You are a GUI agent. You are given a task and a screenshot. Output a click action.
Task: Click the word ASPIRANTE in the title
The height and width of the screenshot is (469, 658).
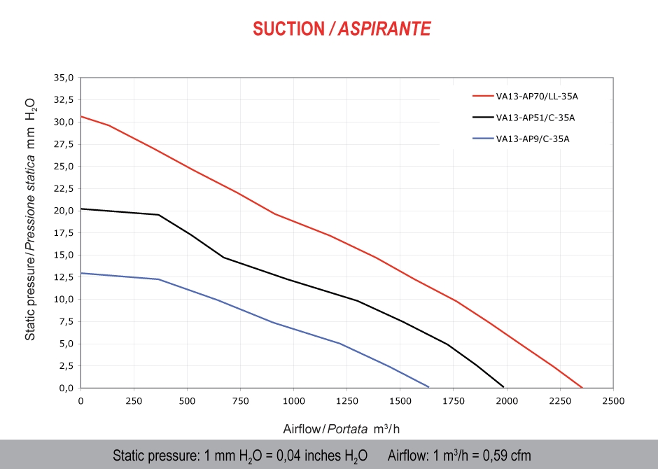tap(384, 29)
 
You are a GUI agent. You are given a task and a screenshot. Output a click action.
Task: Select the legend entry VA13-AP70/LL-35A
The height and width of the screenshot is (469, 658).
tap(532, 97)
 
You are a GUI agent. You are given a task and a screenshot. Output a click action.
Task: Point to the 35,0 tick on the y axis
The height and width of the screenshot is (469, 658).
tap(63, 78)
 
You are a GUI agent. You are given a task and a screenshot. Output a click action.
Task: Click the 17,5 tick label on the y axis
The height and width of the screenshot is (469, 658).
tap(63, 232)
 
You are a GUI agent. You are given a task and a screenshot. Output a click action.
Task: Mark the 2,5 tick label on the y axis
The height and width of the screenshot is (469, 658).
tap(65, 365)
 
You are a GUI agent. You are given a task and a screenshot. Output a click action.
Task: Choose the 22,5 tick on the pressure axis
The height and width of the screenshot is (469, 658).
tap(63, 188)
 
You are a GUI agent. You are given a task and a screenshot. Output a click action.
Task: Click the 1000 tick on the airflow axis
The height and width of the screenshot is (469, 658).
tap(293, 401)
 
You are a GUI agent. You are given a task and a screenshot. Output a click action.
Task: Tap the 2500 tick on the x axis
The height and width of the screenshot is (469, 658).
tap(612, 401)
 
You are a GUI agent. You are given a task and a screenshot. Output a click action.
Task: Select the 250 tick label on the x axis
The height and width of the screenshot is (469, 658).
tap(134, 401)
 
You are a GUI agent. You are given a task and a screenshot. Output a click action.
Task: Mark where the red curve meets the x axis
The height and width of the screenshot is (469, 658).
tap(582, 387)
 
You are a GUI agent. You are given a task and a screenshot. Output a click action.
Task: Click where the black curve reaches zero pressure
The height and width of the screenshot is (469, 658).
tap(503, 386)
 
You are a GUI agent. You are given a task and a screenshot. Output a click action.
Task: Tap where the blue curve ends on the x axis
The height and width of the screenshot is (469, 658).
tap(428, 386)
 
